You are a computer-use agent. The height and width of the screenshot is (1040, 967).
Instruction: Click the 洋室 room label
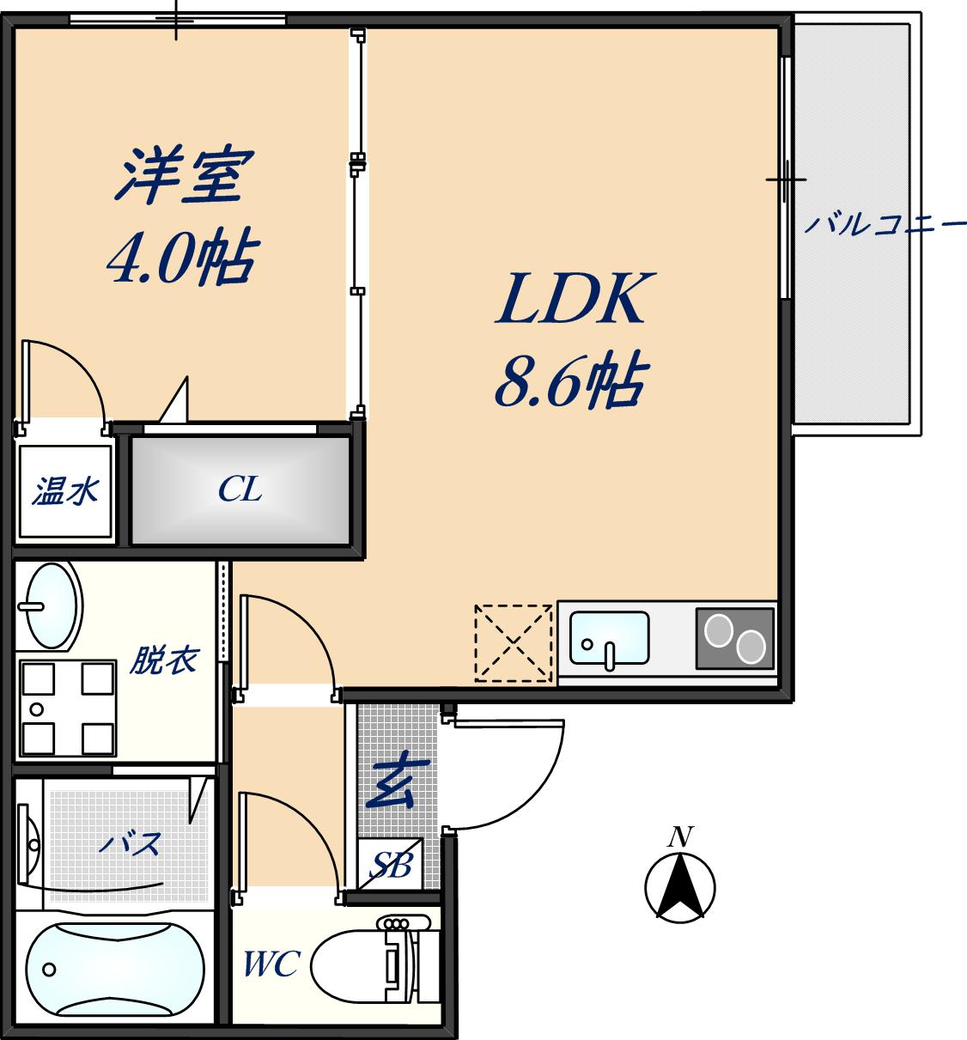point(183,176)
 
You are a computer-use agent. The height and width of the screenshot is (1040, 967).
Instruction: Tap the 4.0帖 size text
point(182,258)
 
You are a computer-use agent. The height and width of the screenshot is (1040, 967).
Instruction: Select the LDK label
point(572,299)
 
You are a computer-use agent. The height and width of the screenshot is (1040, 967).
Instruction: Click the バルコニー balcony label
point(883,225)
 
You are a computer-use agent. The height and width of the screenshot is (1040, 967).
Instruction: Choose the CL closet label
point(240,490)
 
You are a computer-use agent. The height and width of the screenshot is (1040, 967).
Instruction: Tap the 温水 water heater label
point(65,492)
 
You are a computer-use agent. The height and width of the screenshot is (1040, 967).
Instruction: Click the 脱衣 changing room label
point(163,660)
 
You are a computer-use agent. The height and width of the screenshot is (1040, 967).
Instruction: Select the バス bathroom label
point(129,843)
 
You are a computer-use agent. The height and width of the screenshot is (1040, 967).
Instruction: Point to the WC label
point(271,964)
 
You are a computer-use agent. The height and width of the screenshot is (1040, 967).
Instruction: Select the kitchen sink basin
point(609,638)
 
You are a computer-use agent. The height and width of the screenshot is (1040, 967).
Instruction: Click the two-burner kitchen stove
point(734,638)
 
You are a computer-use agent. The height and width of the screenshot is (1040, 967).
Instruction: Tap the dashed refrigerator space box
point(513,643)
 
